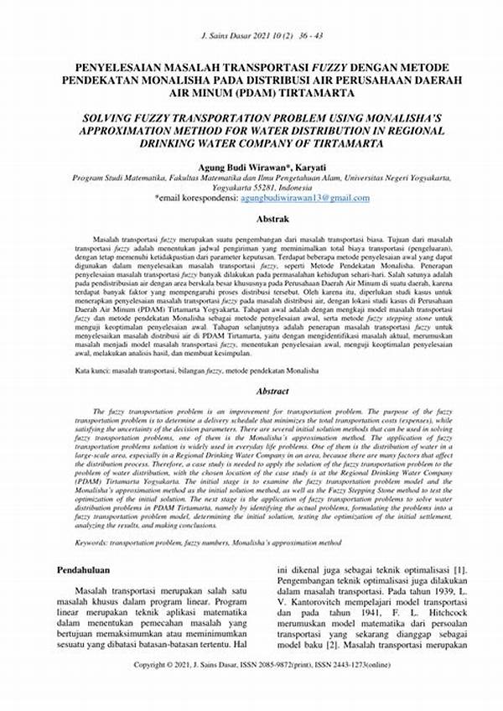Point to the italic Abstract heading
click(x=251, y=390)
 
